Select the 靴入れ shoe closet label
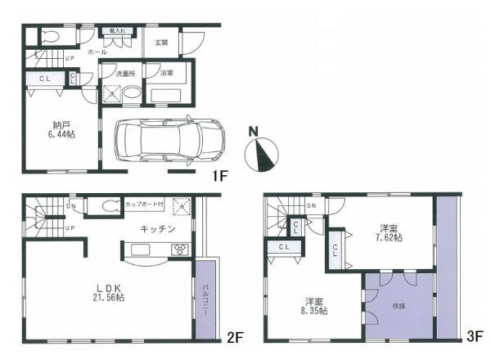(x=116, y=32)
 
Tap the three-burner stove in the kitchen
(x=179, y=250)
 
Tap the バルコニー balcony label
(x=205, y=299)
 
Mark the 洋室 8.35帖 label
(x=313, y=305)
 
